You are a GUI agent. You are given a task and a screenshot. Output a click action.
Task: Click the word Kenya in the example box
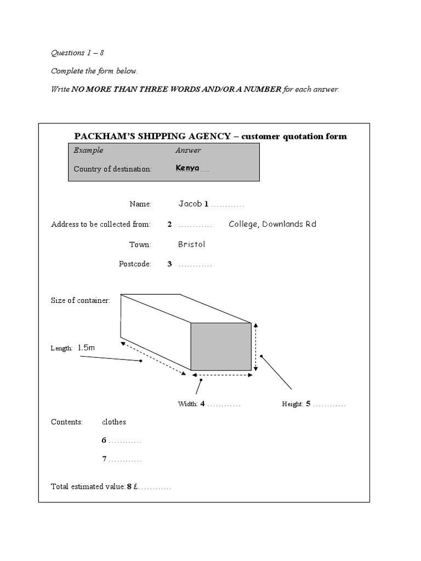[187, 168]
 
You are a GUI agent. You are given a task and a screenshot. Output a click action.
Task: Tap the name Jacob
[190, 204]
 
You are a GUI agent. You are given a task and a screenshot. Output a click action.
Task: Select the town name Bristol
[191, 244]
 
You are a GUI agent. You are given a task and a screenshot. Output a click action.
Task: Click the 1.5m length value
[86, 347]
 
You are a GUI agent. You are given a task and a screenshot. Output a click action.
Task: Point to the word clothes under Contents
[114, 422]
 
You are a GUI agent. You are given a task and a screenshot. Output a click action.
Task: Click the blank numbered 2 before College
[195, 225]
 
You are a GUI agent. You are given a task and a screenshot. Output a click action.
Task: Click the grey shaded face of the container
[221, 346]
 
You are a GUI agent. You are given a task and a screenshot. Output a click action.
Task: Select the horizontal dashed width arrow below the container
[221, 375]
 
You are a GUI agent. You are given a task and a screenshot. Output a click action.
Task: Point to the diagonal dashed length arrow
[153, 359]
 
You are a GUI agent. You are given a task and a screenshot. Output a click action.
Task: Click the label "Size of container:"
[81, 300]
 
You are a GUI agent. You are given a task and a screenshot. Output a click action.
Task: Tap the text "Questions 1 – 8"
[77, 54]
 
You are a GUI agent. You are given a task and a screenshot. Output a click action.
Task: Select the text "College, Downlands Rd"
[272, 224]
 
